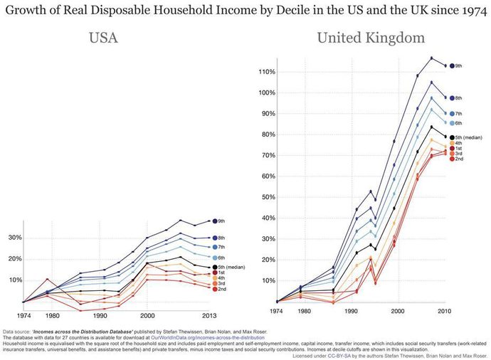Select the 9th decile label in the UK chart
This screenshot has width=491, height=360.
pyautogui.click(x=459, y=66)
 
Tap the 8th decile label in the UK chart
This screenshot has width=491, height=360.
pyautogui.click(x=459, y=97)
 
